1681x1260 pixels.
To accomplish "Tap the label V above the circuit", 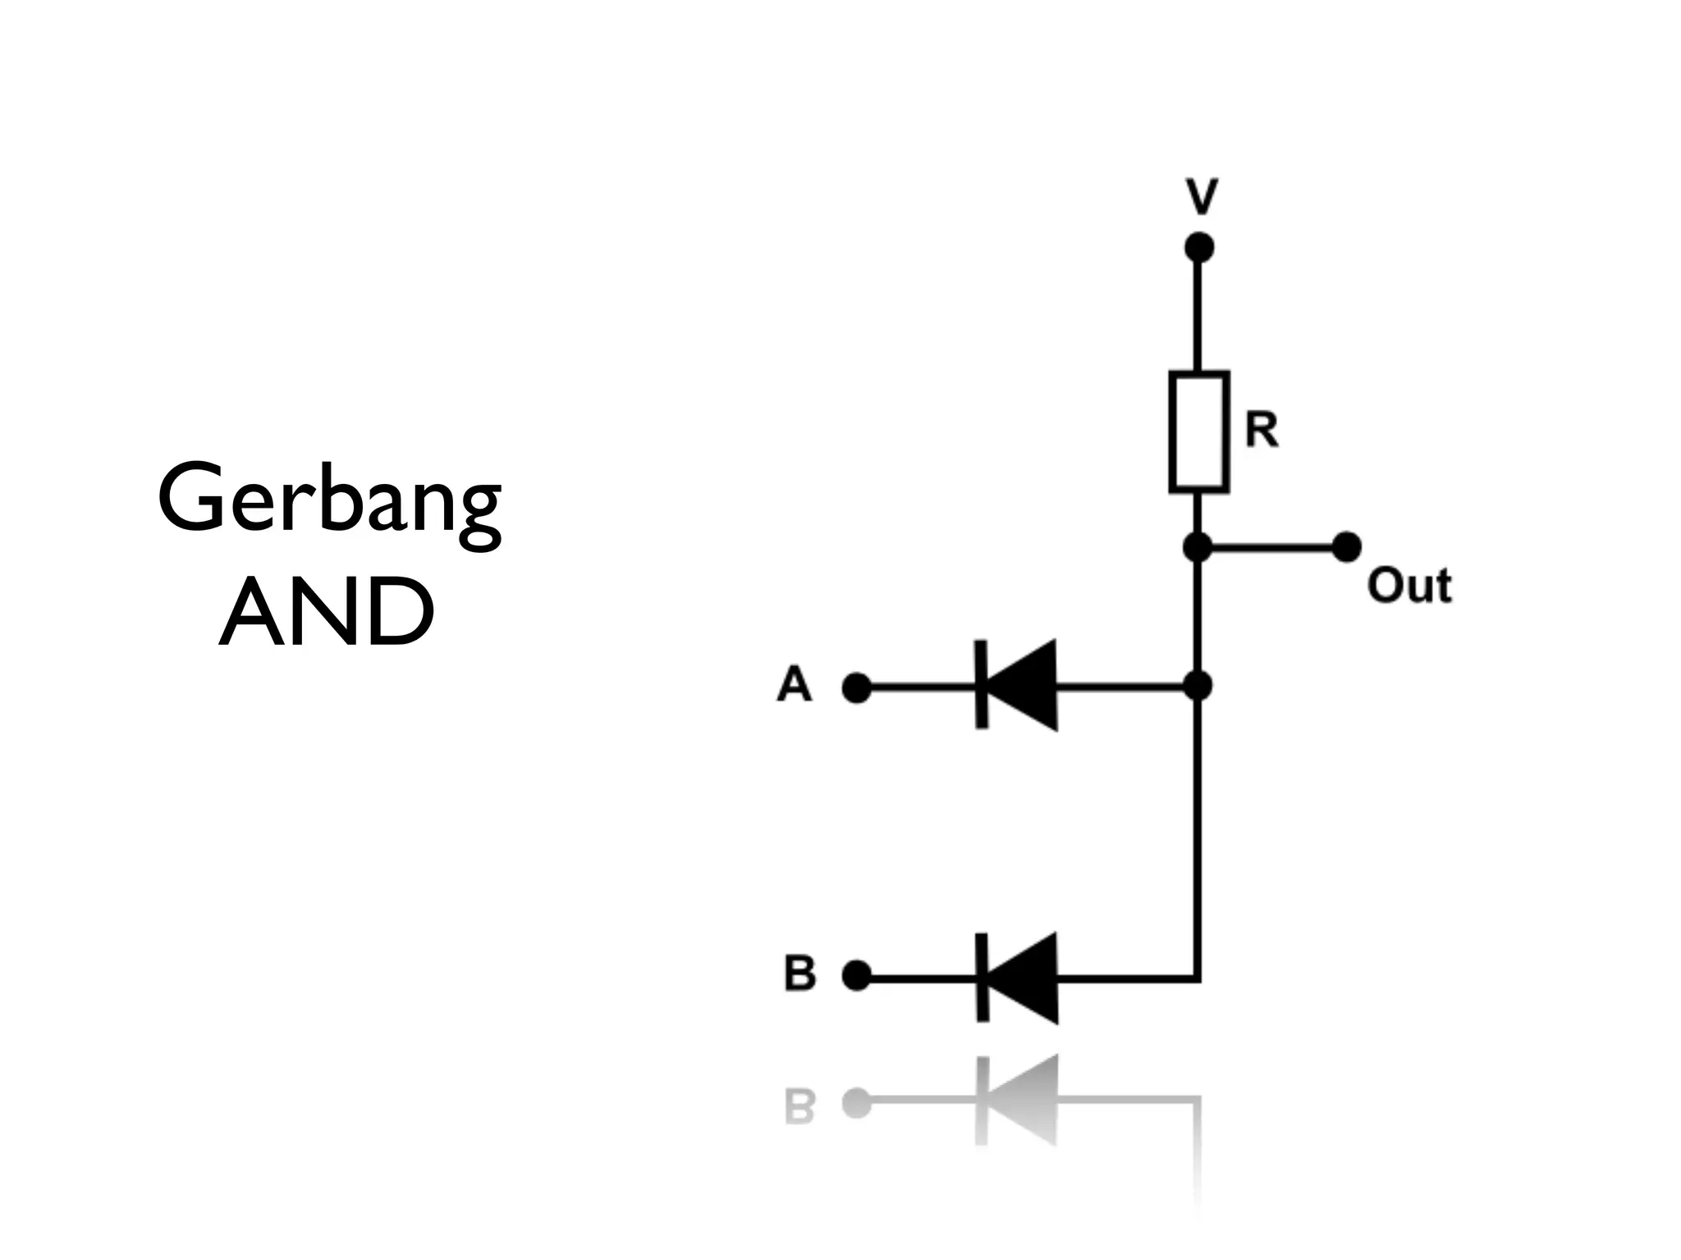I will (1202, 197).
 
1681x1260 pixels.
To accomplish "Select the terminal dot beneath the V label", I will (1199, 247).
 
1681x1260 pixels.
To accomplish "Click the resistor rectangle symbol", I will (1199, 432).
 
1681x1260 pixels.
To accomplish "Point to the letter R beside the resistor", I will (1262, 430).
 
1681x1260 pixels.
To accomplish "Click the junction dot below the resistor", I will (1198, 547).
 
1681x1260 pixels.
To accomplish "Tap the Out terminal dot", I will (1346, 546).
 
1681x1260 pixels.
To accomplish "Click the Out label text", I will (1409, 586).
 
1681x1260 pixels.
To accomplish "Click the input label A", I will (794, 684).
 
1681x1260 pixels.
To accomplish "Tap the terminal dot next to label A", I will (856, 687).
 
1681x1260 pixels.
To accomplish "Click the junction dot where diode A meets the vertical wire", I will (1198, 686).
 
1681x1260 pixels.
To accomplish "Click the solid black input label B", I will (800, 974).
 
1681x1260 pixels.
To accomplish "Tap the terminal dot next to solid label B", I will (856, 976).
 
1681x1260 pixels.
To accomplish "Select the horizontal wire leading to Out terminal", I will (1272, 546).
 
